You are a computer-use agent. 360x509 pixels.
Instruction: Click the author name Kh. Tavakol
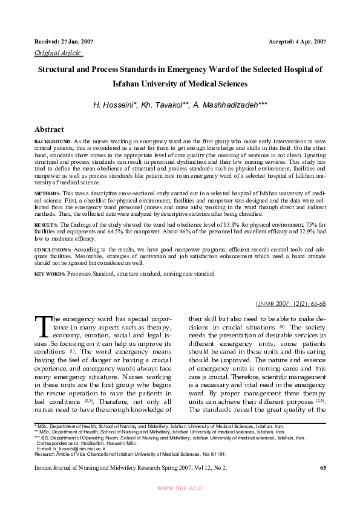165,105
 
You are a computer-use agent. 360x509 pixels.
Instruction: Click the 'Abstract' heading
50,129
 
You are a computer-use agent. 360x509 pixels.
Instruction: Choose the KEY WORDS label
50,274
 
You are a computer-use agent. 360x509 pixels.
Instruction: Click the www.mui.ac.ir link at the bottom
180,488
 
